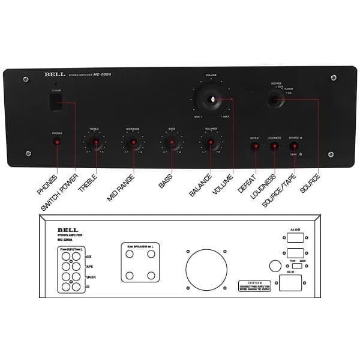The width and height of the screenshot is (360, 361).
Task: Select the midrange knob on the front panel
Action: tap(133, 144)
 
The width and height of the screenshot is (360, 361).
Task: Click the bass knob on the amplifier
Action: tap(172, 144)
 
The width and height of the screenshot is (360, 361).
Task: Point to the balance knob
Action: tap(211, 144)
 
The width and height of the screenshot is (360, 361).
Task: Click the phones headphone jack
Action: tap(57, 142)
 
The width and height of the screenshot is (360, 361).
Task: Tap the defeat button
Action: tap(254, 146)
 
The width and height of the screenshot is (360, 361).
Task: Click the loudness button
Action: tap(274, 146)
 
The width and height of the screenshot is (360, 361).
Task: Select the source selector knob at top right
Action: tap(276, 100)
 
